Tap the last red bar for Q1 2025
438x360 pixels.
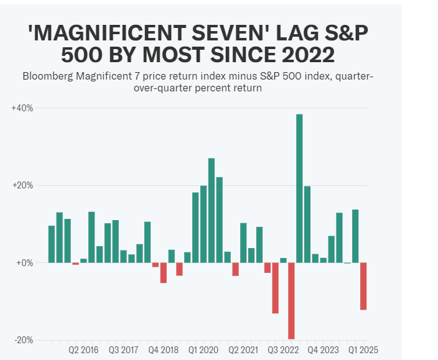(363, 286)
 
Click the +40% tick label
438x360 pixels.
(22, 108)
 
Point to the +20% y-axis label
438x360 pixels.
(22, 186)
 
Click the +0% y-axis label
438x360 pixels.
(24, 263)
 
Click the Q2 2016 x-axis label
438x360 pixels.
(84, 351)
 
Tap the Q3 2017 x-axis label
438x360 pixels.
(124, 351)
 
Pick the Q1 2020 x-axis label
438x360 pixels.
(203, 351)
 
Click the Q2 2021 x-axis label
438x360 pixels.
(244, 351)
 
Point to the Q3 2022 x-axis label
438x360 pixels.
(284, 351)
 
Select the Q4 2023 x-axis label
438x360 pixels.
(324, 351)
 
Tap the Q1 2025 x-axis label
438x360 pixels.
(363, 351)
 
